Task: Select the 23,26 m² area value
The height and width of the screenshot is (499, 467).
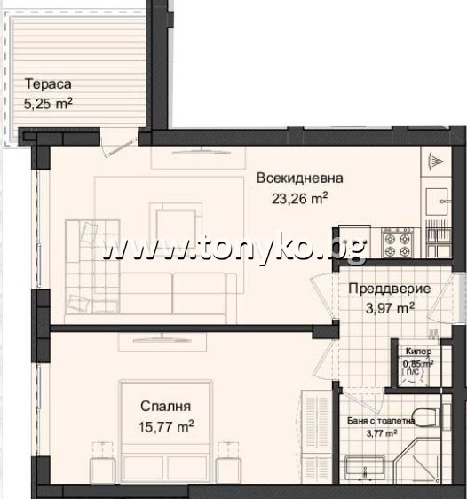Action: coord(300,198)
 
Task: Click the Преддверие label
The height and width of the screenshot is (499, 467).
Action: coord(390,289)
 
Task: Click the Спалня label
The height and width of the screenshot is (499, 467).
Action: coord(166,407)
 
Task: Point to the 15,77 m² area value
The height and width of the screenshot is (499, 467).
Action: coord(167,426)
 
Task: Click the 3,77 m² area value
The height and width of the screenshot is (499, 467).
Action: coord(379,433)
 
